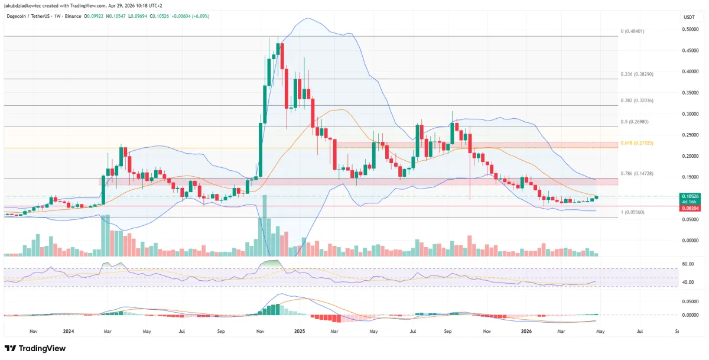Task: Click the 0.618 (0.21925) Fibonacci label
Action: point(637,143)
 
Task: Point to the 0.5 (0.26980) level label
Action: point(635,122)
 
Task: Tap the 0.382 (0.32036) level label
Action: point(637,100)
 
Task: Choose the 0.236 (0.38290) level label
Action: point(637,74)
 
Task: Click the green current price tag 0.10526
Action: point(689,196)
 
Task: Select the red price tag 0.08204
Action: point(689,206)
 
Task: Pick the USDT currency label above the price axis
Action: point(688,18)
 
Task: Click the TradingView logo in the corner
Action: point(35,348)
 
